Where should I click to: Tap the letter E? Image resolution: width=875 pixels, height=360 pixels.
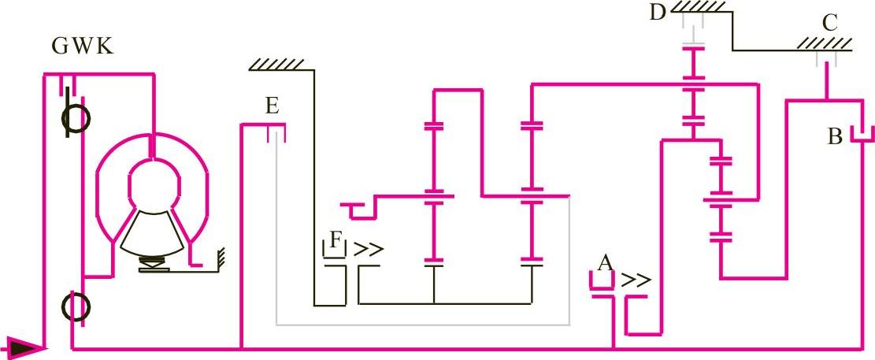[x=272, y=106]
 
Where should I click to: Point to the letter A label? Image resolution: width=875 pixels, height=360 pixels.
[x=605, y=262]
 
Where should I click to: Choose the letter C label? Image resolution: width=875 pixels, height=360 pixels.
[x=829, y=23]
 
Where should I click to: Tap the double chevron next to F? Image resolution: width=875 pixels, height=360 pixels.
[x=369, y=250]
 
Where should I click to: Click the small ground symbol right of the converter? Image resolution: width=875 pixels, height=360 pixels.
[x=220, y=256]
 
